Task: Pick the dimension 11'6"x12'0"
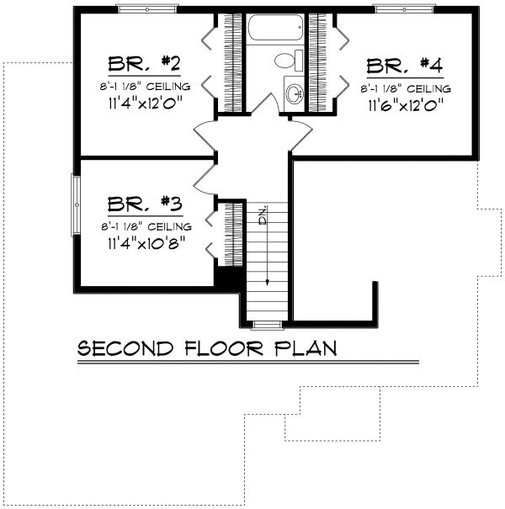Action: (406, 106)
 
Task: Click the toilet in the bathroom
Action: (287, 61)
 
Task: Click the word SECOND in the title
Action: (126, 348)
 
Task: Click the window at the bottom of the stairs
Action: (266, 324)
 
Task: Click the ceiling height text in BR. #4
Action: (406, 87)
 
